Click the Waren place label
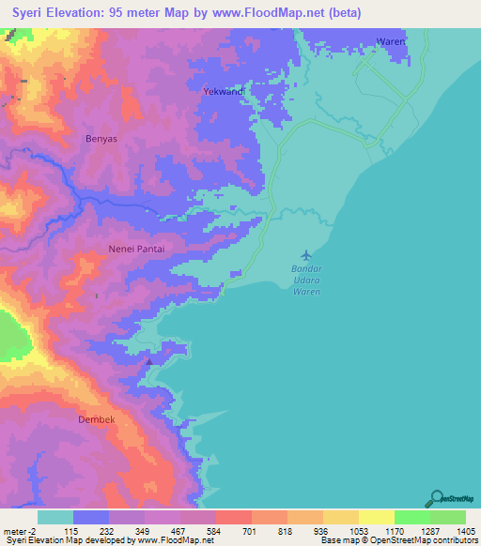click(x=389, y=42)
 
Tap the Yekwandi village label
click(x=225, y=92)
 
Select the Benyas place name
click(x=101, y=138)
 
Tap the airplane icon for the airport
click(x=306, y=254)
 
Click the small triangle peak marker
click(x=148, y=359)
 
